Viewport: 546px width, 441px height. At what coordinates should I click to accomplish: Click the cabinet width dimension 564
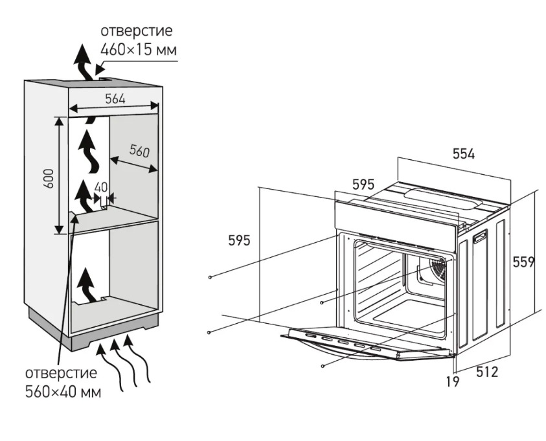coord(115,98)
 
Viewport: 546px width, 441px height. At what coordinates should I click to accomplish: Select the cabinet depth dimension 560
coord(139,151)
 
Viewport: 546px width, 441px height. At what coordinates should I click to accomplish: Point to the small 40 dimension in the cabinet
coord(101,187)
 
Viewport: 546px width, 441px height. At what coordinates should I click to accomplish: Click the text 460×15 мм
coord(138,49)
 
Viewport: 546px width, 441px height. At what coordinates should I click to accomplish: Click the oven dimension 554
coord(463,154)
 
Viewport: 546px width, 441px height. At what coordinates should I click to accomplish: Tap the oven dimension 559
coord(523,262)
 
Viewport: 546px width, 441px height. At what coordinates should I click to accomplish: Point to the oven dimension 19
coord(452,381)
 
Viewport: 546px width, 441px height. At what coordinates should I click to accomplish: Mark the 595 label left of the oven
coord(240,240)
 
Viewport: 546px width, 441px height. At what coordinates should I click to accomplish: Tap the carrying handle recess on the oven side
coord(481,238)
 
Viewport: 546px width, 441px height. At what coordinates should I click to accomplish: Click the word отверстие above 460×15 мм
coord(136,31)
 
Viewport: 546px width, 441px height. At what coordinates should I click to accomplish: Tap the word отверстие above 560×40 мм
coord(61,374)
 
